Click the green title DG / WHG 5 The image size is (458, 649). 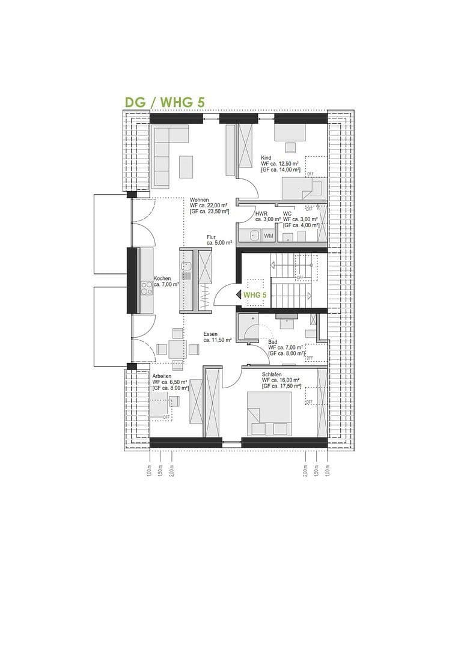pyautogui.click(x=164, y=102)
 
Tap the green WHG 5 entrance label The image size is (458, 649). pyautogui.click(x=254, y=295)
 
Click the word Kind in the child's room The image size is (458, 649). pyautogui.click(x=266, y=157)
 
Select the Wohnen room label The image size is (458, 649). pyautogui.click(x=200, y=200)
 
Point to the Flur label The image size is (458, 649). pyautogui.click(x=211, y=237)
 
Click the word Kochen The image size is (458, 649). pyautogui.click(x=162, y=278)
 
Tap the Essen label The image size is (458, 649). pyautogui.click(x=210, y=334)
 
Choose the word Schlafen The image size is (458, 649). pyautogui.click(x=272, y=374)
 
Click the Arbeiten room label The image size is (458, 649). pyautogui.click(x=162, y=376)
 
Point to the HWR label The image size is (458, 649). pyautogui.click(x=261, y=214)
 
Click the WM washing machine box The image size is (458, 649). pyautogui.click(x=268, y=236)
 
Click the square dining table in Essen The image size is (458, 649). pyautogui.click(x=177, y=349)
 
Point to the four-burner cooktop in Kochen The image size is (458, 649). pyautogui.click(x=147, y=288)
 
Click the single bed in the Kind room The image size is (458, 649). pyautogui.click(x=304, y=188)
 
